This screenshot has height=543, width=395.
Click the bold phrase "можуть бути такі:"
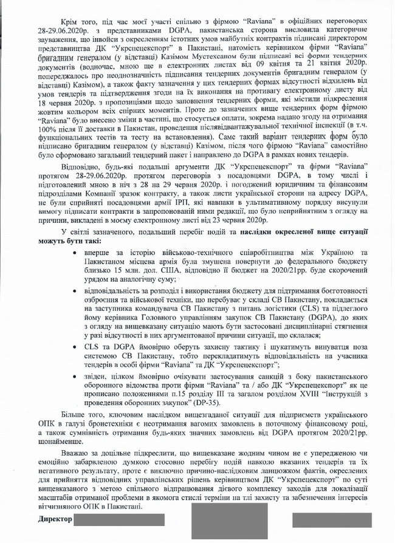[68, 242]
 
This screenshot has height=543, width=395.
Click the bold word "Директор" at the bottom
[54, 519]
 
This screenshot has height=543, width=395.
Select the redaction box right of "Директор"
[119, 520]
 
